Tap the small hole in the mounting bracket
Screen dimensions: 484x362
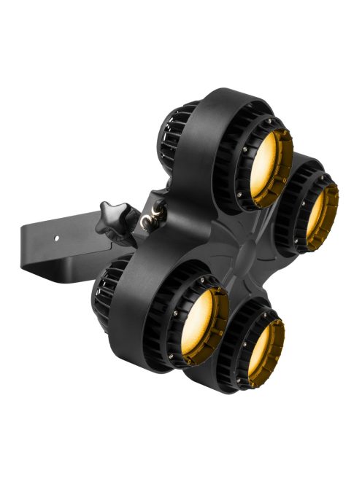(x=58, y=238)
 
